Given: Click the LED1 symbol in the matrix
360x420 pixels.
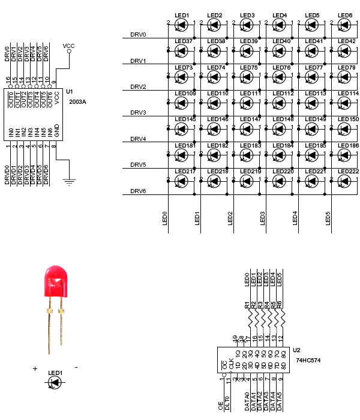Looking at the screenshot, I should [181, 25].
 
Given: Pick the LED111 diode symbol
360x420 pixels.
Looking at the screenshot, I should [246, 103].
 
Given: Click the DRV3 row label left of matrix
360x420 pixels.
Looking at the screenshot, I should [138, 113].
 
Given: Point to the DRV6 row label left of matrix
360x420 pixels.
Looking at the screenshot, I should [138, 191].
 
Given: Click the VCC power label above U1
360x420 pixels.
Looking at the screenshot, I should [68, 45].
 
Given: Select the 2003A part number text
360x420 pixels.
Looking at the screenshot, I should [77, 101].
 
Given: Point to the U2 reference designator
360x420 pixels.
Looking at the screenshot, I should [296, 350].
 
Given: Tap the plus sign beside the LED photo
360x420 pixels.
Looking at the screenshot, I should [35, 368].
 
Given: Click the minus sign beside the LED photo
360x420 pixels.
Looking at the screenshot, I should [76, 367].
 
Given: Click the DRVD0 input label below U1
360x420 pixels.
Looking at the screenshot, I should [7, 175].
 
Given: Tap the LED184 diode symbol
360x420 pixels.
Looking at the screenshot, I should [278, 155].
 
